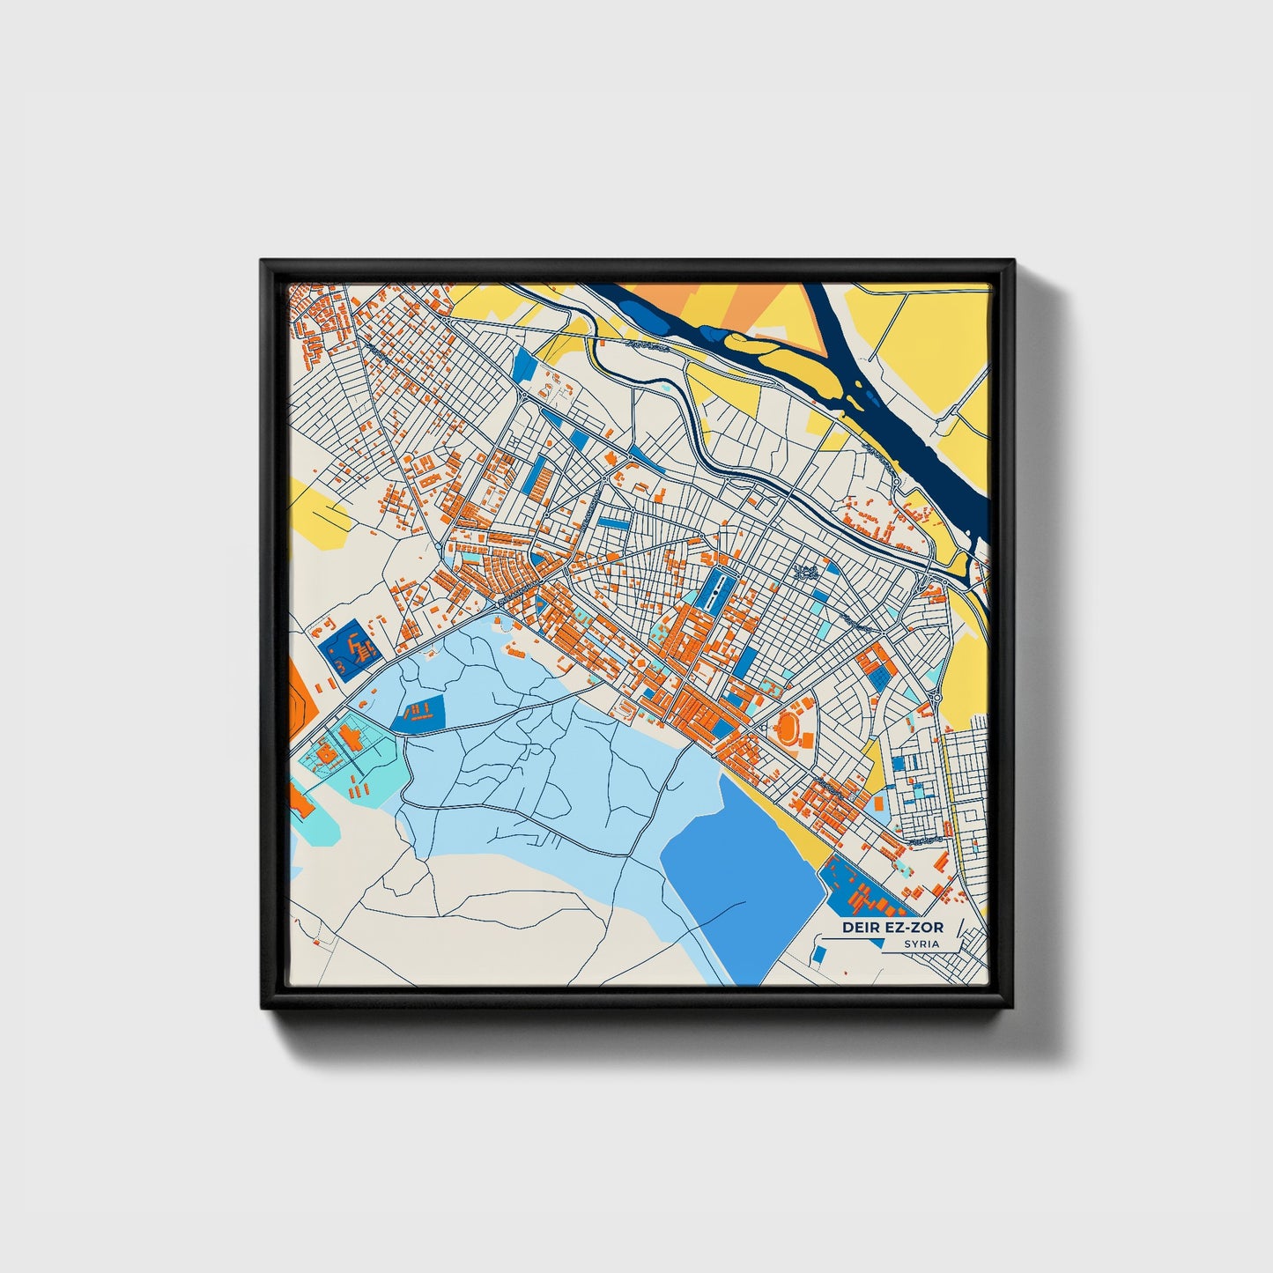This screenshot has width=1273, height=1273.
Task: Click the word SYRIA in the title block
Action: click(x=921, y=944)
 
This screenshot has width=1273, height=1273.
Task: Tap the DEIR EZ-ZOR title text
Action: click(x=892, y=927)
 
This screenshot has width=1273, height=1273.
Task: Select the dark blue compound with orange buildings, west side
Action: click(x=348, y=648)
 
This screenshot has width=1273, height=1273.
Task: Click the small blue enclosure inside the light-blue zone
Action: click(x=421, y=713)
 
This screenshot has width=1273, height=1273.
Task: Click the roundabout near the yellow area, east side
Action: click(x=937, y=697)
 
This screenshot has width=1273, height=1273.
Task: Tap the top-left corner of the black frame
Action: click(x=263, y=262)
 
